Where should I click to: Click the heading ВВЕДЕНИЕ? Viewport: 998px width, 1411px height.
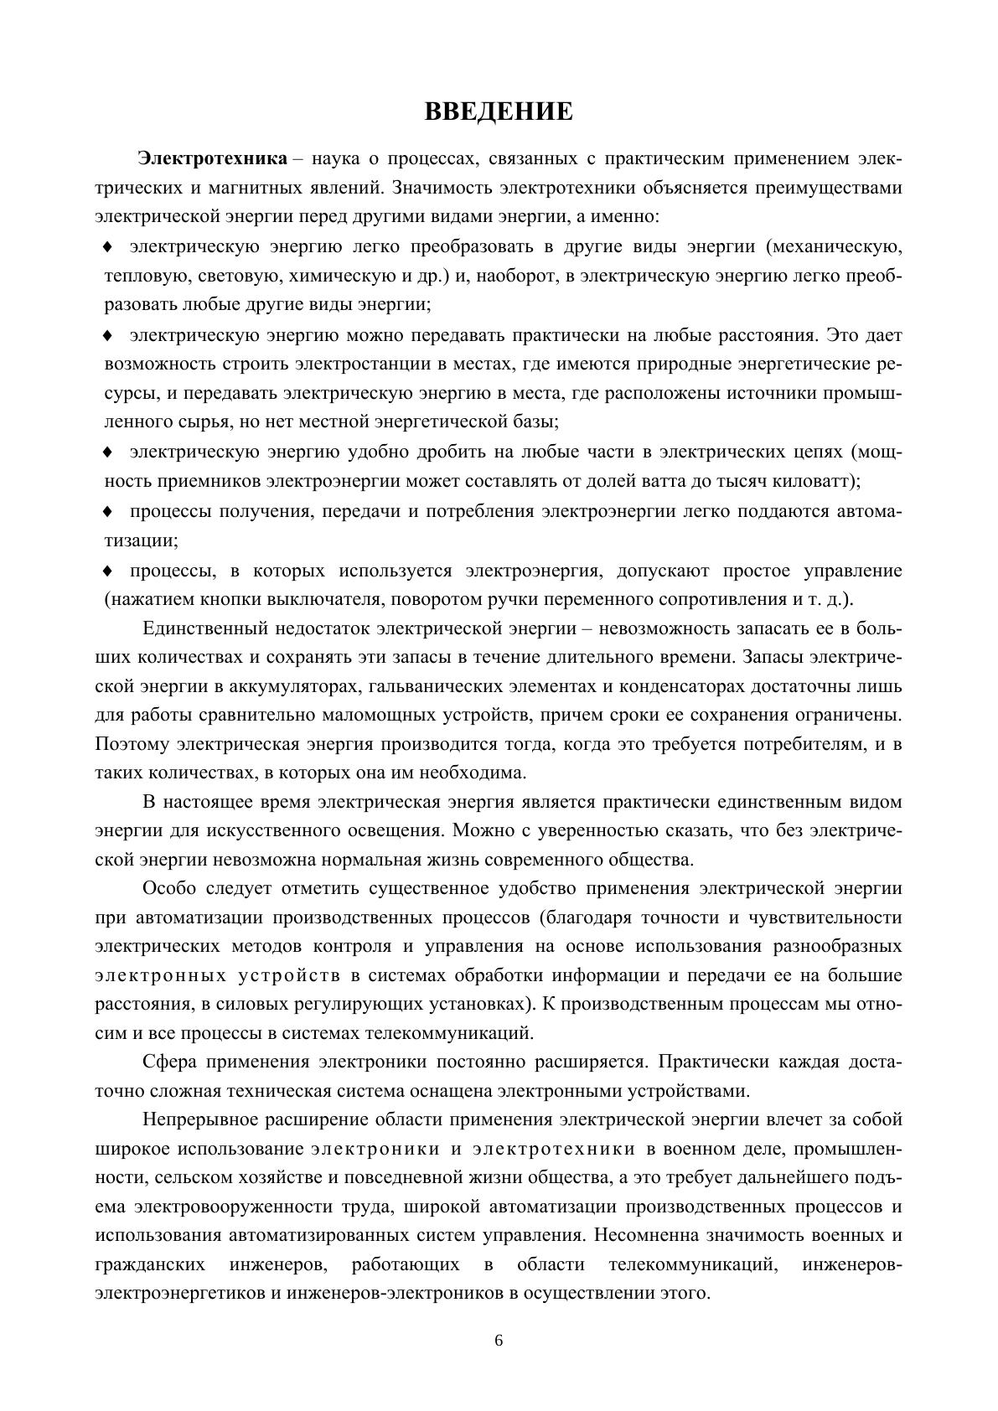tap(499, 111)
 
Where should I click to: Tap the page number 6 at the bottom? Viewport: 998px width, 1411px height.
tap(499, 1340)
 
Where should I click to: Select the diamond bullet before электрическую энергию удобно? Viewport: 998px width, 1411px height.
tap(107, 452)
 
